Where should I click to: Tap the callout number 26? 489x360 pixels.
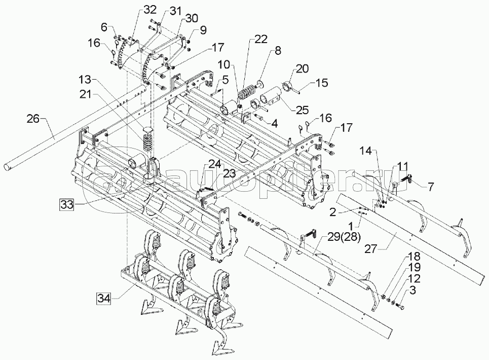coord(33,119)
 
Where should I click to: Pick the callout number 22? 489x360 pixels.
coord(261,40)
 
